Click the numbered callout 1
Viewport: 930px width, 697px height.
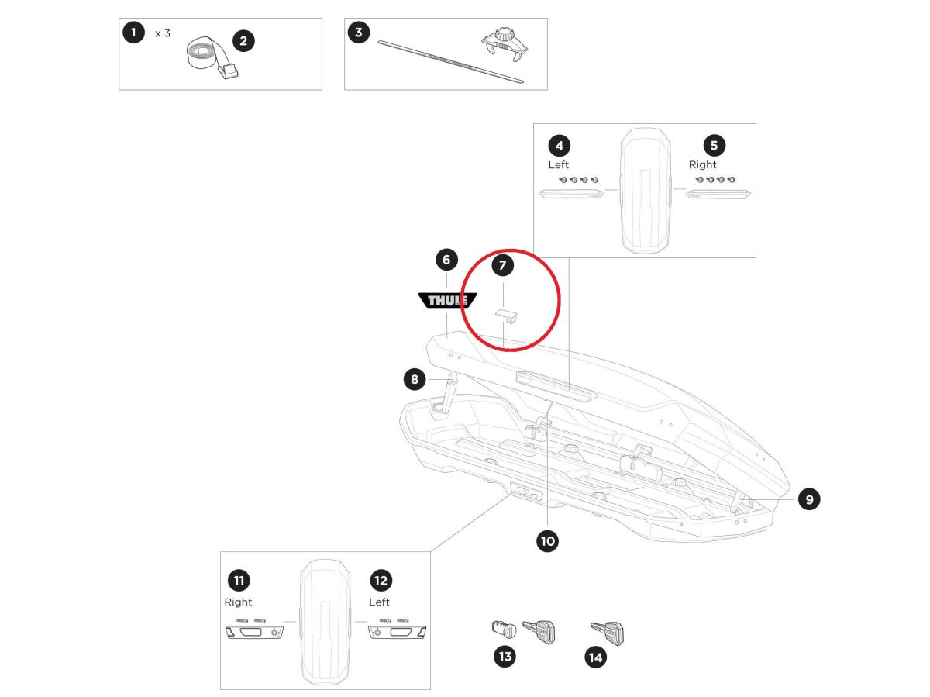coord(133,33)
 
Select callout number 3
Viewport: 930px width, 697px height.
coord(358,33)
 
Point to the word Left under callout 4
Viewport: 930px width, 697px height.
coord(558,164)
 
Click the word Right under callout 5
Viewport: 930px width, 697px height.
coord(702,164)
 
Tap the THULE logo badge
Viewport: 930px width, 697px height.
coord(447,301)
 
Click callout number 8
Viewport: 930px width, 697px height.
coord(415,379)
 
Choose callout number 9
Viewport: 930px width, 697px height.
coord(809,499)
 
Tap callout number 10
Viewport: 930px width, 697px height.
coord(548,541)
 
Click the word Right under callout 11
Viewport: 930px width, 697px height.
coord(239,602)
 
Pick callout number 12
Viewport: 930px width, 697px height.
coord(381,580)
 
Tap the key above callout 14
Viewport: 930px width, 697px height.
coord(608,632)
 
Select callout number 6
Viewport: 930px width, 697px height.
coord(447,259)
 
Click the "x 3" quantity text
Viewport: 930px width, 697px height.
coord(162,33)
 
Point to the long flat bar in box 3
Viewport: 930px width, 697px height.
coord(449,61)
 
